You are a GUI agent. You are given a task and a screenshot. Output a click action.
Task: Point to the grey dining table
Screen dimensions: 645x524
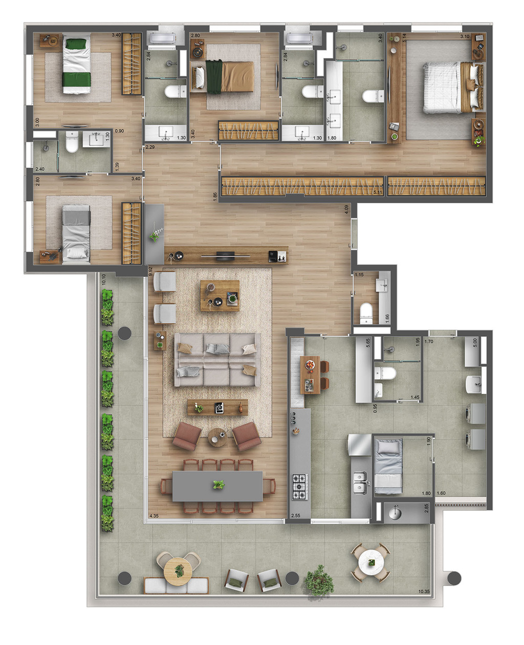pos(218,486)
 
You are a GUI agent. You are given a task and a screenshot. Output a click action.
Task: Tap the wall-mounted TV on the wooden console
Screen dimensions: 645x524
pos(225,254)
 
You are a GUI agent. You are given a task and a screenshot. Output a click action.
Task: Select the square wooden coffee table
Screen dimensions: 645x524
pos(220,295)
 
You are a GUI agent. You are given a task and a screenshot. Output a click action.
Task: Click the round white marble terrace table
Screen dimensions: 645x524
pos(371,562)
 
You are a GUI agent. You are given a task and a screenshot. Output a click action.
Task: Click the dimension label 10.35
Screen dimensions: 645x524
pos(424,591)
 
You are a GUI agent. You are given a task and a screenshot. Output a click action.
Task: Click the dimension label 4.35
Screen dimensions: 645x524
pos(154,516)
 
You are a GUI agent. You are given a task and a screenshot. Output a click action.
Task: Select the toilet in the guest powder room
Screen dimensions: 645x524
pos(366,313)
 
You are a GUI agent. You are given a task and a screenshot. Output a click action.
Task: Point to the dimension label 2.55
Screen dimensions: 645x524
pos(296,516)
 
